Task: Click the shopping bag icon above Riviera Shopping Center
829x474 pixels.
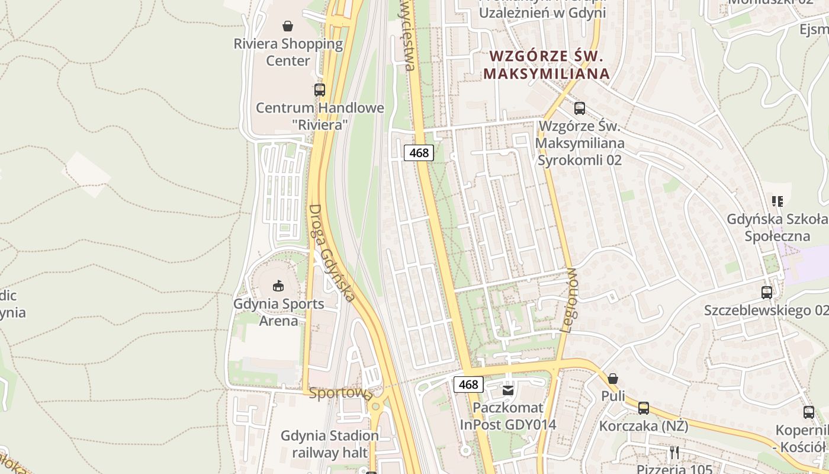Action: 288,26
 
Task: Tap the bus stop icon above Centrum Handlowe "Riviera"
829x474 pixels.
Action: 320,90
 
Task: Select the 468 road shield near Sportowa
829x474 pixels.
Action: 468,385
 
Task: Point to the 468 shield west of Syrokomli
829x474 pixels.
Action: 419,153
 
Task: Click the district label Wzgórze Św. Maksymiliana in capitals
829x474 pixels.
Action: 547,65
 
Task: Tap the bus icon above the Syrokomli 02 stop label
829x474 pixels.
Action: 580,108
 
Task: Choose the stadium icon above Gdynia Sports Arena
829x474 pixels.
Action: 278,286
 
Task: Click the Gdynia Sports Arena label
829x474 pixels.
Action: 279,312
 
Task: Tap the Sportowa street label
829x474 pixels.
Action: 340,393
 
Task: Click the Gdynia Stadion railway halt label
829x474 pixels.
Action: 330,444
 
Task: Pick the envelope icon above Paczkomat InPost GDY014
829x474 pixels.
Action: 508,390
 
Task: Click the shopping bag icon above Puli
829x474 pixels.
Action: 613,378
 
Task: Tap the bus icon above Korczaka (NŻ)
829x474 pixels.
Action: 644,408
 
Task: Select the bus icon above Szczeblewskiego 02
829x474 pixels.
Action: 767,293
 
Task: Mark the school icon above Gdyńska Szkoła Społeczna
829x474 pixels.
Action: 777,201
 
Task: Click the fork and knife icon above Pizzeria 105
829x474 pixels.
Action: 674,453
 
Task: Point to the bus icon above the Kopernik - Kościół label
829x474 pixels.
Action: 809,412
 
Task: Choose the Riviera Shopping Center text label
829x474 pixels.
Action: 288,52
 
